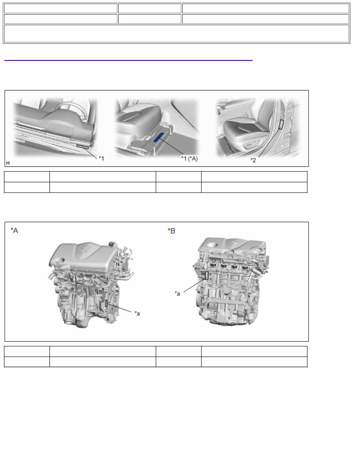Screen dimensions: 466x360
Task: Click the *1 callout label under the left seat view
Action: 101,158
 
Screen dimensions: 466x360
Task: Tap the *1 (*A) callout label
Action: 189,158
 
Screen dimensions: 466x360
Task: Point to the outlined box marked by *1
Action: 83,146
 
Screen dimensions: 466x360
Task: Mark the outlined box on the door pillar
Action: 281,124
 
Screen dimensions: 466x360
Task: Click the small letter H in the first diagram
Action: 8,163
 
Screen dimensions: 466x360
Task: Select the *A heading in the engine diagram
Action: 14,230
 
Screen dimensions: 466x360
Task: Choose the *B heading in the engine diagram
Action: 171,230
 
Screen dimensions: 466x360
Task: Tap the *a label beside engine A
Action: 137,313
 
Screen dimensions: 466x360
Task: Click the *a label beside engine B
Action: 177,293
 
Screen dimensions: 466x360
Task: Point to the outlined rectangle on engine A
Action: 107,303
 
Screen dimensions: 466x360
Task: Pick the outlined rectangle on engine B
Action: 207,275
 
